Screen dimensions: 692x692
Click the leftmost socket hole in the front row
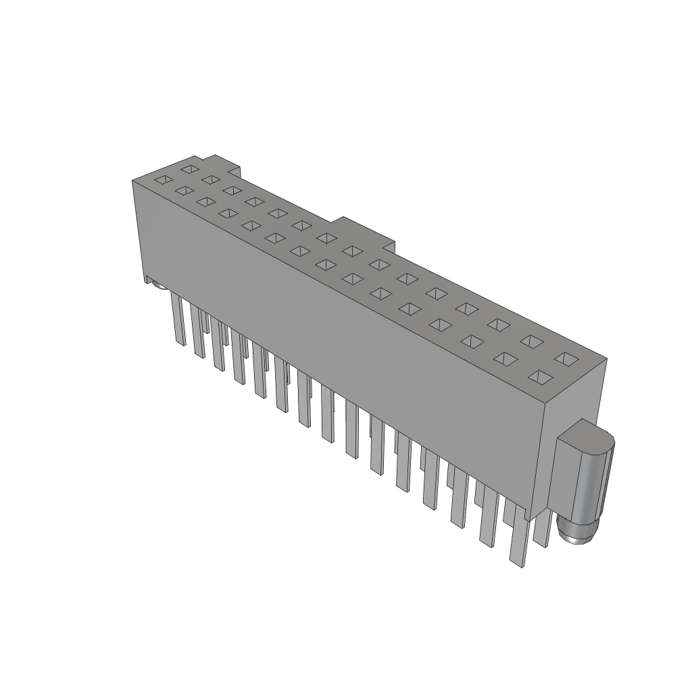(x=163, y=180)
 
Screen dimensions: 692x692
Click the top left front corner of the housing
(x=132, y=180)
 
